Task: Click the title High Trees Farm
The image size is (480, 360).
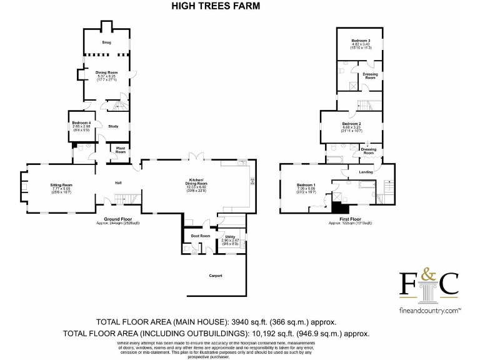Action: click(x=216, y=6)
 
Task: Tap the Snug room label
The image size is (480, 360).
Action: click(x=106, y=42)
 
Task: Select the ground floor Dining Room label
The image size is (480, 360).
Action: click(x=106, y=72)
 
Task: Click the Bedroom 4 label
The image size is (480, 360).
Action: click(x=81, y=122)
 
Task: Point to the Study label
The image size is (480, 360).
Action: click(x=113, y=127)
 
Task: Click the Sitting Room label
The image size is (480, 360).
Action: click(x=61, y=185)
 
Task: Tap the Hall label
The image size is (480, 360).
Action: click(x=117, y=182)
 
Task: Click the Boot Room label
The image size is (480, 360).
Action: click(x=200, y=236)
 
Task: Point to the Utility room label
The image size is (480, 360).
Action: click(x=229, y=237)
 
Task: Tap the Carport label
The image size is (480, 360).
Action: click(x=215, y=276)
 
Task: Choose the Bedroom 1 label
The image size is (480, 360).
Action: click(x=306, y=185)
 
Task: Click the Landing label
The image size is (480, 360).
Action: click(x=366, y=172)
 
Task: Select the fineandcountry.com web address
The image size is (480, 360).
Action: click(x=429, y=310)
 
